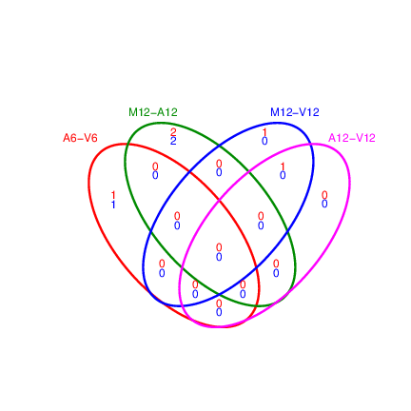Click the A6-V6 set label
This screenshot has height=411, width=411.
(x=80, y=138)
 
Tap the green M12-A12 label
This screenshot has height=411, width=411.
(x=153, y=112)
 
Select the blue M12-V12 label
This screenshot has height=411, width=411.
(x=295, y=112)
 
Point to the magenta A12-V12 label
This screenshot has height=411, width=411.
(x=352, y=138)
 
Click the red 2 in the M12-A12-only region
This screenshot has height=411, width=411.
(x=173, y=131)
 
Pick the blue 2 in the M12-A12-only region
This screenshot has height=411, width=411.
(x=173, y=141)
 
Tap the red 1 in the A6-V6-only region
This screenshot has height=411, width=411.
(x=113, y=195)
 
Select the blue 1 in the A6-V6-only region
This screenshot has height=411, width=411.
(x=113, y=205)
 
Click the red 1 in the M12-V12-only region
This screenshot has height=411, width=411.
(x=264, y=131)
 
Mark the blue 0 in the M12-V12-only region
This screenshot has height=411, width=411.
(x=264, y=141)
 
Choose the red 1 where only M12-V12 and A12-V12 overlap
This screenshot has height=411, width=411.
(x=283, y=166)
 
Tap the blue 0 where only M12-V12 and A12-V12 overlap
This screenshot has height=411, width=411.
(x=283, y=175)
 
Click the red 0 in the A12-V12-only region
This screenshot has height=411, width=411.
(x=324, y=195)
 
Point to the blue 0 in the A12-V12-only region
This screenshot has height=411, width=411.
(x=324, y=204)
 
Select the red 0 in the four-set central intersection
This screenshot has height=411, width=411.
(x=219, y=247)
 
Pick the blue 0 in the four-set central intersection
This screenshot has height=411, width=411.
(x=219, y=257)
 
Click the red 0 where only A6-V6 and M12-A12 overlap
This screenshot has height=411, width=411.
(x=155, y=166)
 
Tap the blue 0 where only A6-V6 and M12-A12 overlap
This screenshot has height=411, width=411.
(x=155, y=175)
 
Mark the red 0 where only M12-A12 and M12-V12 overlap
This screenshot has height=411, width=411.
(x=219, y=164)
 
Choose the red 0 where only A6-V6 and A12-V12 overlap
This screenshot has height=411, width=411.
(x=219, y=303)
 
